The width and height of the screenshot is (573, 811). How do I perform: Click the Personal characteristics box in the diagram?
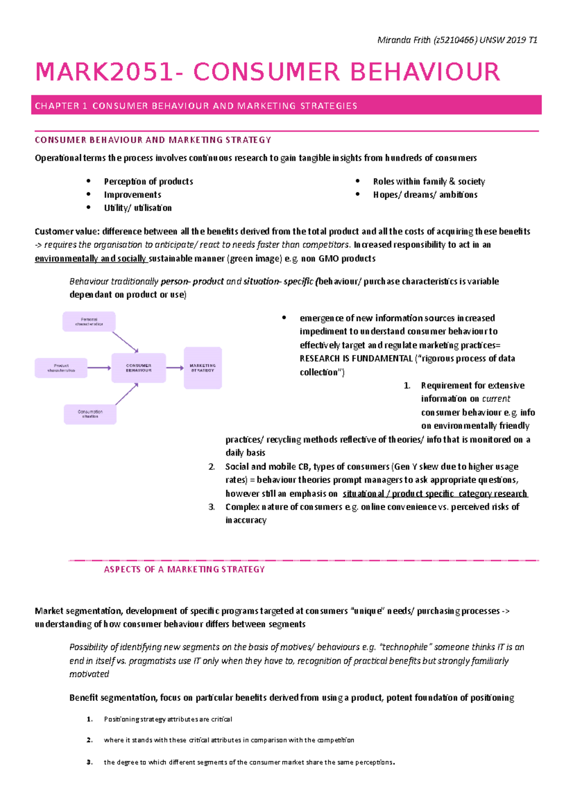point(89,321)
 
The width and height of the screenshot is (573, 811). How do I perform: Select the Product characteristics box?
point(61,368)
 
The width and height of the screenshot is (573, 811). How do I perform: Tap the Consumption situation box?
point(90,414)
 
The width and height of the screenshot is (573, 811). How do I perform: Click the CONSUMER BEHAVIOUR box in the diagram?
point(138,368)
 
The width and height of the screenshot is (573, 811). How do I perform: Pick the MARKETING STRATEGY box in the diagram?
point(203,368)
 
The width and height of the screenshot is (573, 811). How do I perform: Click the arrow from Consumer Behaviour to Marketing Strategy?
point(175,368)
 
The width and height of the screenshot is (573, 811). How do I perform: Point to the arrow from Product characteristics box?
point(99,368)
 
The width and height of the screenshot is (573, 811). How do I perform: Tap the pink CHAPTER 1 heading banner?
point(286,106)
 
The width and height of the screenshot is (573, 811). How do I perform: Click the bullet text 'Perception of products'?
point(149,181)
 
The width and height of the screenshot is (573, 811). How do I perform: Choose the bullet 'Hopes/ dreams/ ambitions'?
point(425,195)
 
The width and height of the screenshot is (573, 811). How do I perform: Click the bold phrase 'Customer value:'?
point(67,232)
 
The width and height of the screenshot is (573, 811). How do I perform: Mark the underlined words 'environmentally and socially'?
point(91,259)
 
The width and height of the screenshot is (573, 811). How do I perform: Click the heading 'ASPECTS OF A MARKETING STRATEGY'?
point(184,569)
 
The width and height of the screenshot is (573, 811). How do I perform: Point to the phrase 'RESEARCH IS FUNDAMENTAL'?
point(356,359)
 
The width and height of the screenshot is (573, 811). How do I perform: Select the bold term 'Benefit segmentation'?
point(113,698)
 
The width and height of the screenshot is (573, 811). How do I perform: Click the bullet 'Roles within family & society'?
point(429,181)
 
